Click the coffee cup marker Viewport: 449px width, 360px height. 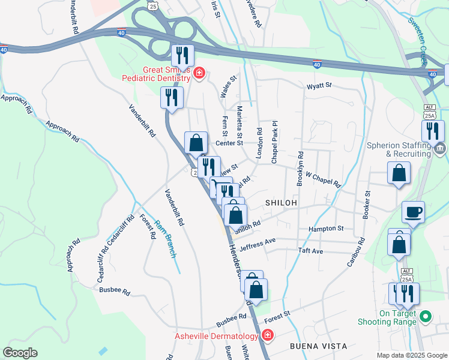coord(413,212)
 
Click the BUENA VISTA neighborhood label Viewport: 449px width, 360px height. coord(318,346)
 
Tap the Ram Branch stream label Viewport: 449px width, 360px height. coord(166,239)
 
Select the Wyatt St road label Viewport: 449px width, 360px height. coord(319,86)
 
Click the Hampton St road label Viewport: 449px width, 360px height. coord(325,229)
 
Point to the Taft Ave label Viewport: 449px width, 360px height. coord(310,251)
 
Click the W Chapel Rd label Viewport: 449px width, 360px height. coord(323,179)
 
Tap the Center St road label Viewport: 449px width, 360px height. coord(229,143)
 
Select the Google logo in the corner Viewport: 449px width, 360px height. coord(20,353)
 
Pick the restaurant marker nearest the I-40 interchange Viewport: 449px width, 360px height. coord(182,56)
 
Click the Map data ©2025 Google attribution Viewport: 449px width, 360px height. coord(411,355)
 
